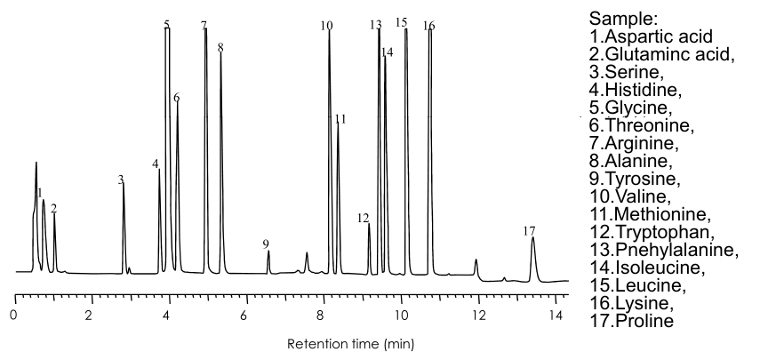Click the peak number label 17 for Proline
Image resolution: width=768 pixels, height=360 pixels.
coord(530,230)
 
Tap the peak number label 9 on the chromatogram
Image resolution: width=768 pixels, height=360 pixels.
coord(265,244)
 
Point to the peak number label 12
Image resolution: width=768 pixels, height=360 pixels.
coord(363,218)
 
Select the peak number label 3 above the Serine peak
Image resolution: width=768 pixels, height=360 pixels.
coord(120,180)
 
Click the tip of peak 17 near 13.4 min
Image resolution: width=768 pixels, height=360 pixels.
coord(532,237)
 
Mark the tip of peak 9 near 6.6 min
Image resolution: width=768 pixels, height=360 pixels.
coord(268,252)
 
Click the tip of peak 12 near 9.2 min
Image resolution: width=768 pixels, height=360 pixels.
coord(369,224)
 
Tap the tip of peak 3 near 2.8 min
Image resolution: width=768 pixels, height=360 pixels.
coord(123,185)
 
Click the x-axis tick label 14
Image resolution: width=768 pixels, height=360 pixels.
coord(556,315)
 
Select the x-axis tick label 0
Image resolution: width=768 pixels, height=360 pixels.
coord(13,315)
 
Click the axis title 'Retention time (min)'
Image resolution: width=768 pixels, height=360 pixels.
coord(348,342)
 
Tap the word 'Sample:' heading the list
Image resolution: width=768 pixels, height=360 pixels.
coord(623,19)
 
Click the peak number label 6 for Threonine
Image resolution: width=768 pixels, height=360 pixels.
coord(176,98)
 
